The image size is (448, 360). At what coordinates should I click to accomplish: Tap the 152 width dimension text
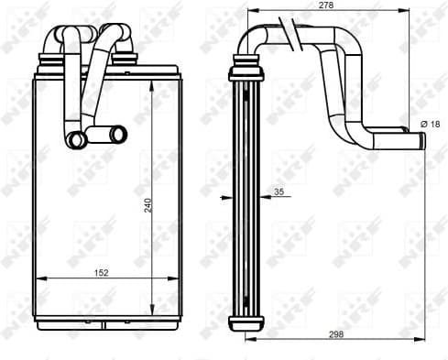(102, 272)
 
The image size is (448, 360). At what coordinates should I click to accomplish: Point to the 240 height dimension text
(148, 206)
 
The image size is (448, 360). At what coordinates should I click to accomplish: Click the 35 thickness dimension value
(278, 191)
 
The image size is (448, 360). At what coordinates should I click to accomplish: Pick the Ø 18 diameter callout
(431, 123)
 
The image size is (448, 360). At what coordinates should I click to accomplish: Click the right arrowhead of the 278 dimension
(405, 12)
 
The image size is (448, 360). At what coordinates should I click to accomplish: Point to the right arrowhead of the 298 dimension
(423, 339)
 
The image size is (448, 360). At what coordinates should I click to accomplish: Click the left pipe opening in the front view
(77, 140)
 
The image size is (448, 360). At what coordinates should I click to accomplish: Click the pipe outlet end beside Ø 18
(419, 139)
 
